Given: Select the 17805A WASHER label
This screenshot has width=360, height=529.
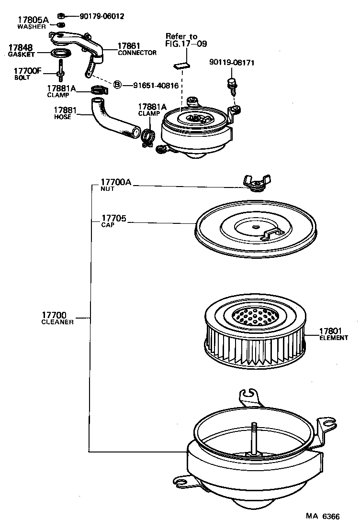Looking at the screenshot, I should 33,22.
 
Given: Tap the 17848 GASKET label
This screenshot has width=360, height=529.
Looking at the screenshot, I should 21,51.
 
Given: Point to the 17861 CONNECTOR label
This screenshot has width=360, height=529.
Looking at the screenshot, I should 136,49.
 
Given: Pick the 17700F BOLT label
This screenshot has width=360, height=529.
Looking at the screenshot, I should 27,74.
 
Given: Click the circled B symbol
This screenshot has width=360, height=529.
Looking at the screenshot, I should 117,85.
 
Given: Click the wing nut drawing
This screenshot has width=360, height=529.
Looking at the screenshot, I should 256,182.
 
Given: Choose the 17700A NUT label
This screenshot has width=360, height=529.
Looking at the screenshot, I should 114,185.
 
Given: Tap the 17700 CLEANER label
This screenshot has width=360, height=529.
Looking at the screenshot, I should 57,318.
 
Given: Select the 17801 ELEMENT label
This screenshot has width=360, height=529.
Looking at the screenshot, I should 333,333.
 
